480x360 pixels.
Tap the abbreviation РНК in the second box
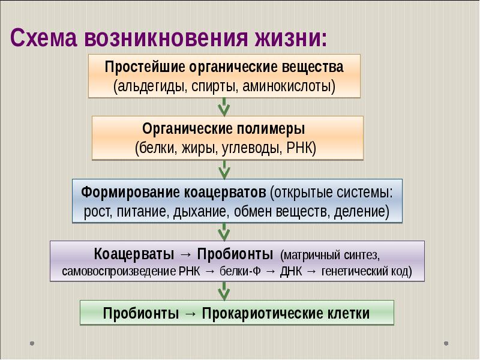coord(301,147)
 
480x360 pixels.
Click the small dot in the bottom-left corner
coord(32,344)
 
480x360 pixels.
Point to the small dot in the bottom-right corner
coord(446,344)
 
